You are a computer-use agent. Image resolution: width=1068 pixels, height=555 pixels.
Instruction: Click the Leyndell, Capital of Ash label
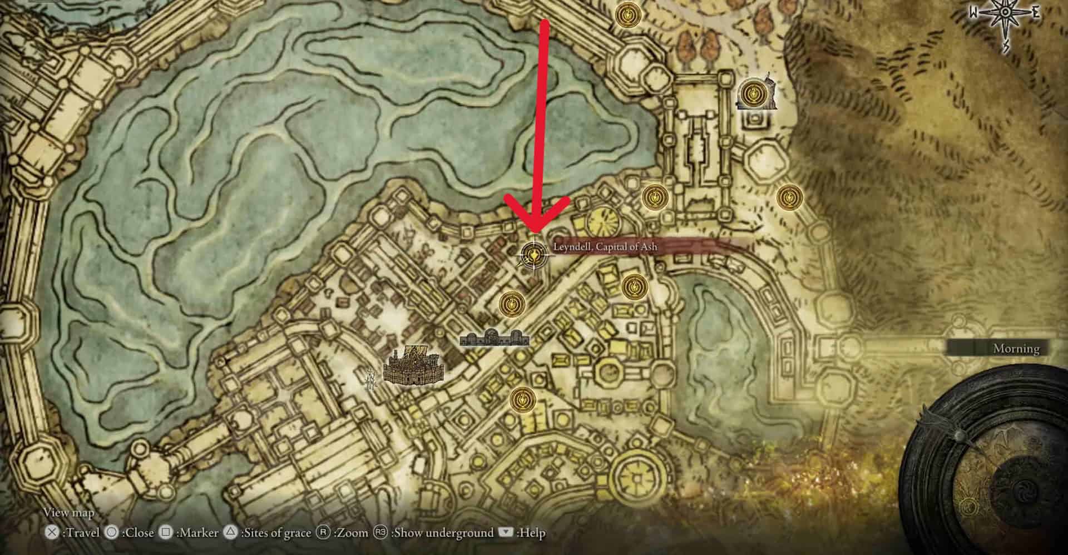click(x=605, y=247)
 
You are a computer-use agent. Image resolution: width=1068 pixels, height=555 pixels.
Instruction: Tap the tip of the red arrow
click(x=535, y=232)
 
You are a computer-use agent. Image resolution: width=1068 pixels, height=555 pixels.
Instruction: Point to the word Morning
click(x=1016, y=349)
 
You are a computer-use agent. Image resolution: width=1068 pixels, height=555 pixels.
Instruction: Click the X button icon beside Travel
click(x=52, y=533)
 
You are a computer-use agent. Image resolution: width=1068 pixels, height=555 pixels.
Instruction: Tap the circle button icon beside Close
click(x=112, y=533)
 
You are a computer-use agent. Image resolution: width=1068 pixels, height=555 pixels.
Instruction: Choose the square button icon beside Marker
click(x=165, y=533)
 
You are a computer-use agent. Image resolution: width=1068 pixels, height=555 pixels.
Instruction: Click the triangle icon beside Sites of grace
click(x=231, y=533)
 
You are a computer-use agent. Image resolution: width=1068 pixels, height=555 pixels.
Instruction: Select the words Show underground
click(x=442, y=533)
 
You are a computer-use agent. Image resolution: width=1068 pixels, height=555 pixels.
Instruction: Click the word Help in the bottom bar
click(x=532, y=533)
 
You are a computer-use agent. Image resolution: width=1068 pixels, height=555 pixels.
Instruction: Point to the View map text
click(x=69, y=513)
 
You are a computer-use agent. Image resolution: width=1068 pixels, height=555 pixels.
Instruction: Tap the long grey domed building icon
click(x=495, y=338)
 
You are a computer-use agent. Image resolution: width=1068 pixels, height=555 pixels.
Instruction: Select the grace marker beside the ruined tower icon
click(x=753, y=92)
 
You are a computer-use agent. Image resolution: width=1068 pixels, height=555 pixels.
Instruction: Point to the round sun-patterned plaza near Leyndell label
click(x=602, y=221)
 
